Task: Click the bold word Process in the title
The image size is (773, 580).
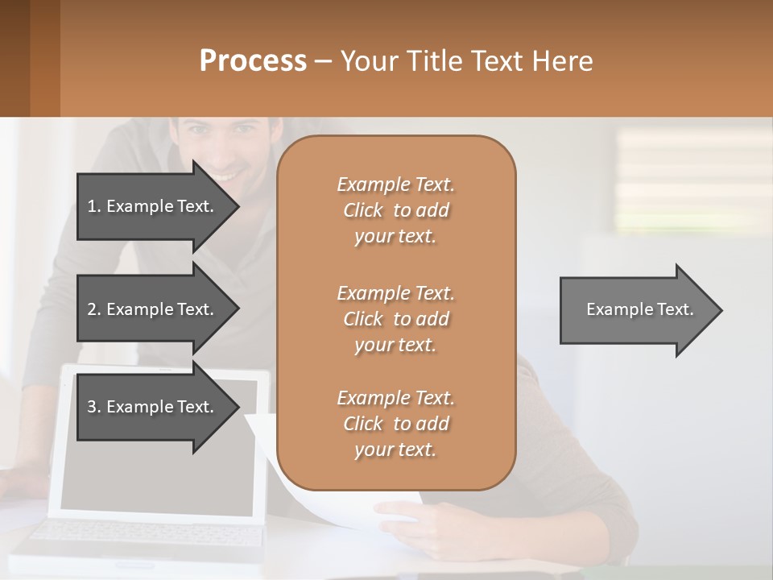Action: tap(253, 61)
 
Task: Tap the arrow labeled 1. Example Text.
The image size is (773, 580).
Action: tap(153, 206)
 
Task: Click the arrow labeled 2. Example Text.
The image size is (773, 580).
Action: tap(153, 309)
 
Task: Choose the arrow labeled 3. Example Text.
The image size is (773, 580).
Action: tap(153, 407)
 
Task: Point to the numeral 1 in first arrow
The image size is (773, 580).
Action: tap(91, 206)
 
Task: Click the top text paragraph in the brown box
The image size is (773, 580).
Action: tap(395, 210)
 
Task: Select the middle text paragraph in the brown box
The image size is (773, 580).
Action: tap(395, 318)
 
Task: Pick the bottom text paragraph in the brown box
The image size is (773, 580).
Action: tap(395, 424)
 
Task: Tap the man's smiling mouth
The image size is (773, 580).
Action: tap(225, 175)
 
